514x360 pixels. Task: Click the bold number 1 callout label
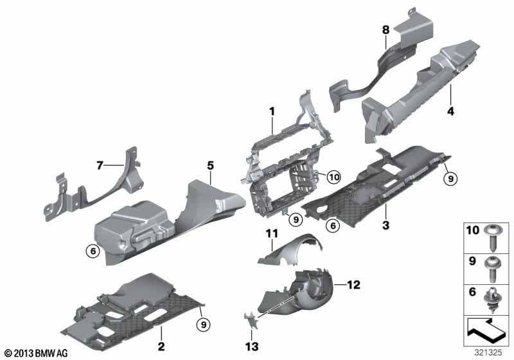pyautogui.click(x=272, y=111)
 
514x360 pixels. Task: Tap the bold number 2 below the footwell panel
pyautogui.click(x=161, y=346)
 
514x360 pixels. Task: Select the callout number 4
pyautogui.click(x=451, y=111)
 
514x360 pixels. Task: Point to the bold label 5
pyautogui.click(x=210, y=166)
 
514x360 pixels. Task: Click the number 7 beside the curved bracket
pyautogui.click(x=100, y=165)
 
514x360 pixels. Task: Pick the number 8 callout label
pyautogui.click(x=386, y=30)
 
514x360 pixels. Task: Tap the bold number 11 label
pyautogui.click(x=272, y=233)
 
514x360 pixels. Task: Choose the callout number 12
pyautogui.click(x=353, y=285)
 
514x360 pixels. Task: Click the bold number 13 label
pyautogui.click(x=252, y=346)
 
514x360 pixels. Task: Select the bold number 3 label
pyautogui.click(x=386, y=225)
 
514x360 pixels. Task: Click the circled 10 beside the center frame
pyautogui.click(x=334, y=177)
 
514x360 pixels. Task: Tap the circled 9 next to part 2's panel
pyautogui.click(x=204, y=325)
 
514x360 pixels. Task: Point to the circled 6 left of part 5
pyautogui.click(x=93, y=251)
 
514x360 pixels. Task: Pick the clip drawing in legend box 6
pyautogui.click(x=491, y=300)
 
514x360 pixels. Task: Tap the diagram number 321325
pyautogui.click(x=488, y=352)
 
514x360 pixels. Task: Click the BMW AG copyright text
pyautogui.click(x=35, y=354)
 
